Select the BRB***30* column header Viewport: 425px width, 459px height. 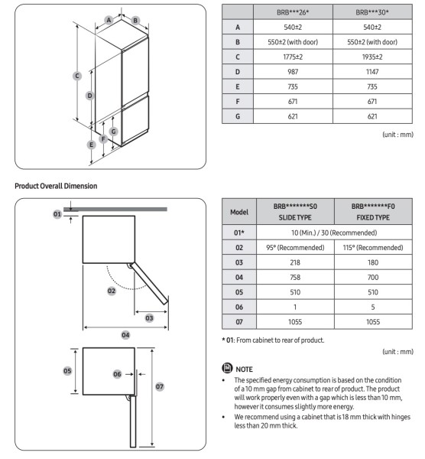pyautogui.click(x=371, y=13)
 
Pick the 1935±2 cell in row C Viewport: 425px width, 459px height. pyautogui.click(x=371, y=57)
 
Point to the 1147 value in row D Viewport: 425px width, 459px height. pyautogui.click(x=371, y=72)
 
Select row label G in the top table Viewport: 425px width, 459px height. pyautogui.click(x=238, y=116)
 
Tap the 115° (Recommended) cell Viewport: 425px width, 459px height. pyautogui.click(x=372, y=248)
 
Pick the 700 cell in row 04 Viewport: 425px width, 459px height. pyautogui.click(x=372, y=277)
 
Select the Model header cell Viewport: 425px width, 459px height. pyautogui.click(x=239, y=212)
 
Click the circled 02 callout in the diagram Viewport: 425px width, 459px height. pyautogui.click(x=112, y=291)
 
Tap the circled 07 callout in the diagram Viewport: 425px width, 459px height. pyautogui.click(x=160, y=387)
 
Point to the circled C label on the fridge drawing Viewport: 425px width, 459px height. pyautogui.click(x=77, y=75)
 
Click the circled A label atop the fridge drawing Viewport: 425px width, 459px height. pyautogui.click(x=109, y=19)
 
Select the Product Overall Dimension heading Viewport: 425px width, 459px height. pyautogui.click(x=56, y=186)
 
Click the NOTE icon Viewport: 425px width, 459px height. pyautogui.click(x=227, y=368)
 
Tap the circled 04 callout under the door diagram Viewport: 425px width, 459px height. pyautogui.click(x=125, y=334)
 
